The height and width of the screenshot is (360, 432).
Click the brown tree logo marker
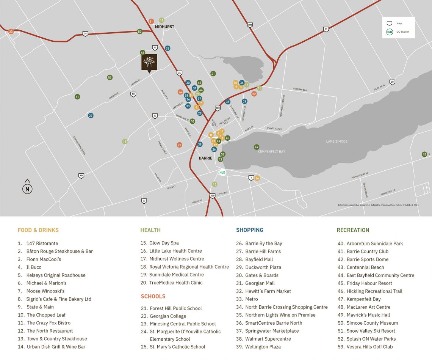point(149,62)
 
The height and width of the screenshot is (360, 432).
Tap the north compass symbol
point(27,189)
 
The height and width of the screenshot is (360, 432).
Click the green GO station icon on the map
point(223,173)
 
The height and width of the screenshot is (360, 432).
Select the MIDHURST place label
point(164,27)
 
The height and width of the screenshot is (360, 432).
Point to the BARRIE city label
point(205,158)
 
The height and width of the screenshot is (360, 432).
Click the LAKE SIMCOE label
point(337,141)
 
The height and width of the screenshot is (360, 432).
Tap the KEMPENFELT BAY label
point(271,152)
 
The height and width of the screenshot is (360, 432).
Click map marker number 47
point(257,147)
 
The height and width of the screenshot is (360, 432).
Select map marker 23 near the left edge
point(11,31)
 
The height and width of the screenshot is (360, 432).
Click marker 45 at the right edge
point(424,154)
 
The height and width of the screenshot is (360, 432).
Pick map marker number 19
point(125,141)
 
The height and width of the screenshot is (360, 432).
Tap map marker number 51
point(77,97)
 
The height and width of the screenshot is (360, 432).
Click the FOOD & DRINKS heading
point(38,230)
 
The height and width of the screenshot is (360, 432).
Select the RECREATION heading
point(352,230)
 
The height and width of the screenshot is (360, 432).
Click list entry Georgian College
point(168,316)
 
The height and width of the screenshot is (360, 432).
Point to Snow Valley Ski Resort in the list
point(371,331)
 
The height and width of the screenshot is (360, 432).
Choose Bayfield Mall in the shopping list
point(259,259)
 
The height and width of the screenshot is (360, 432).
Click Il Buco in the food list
point(34,267)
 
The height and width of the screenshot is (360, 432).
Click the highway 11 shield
point(326,29)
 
